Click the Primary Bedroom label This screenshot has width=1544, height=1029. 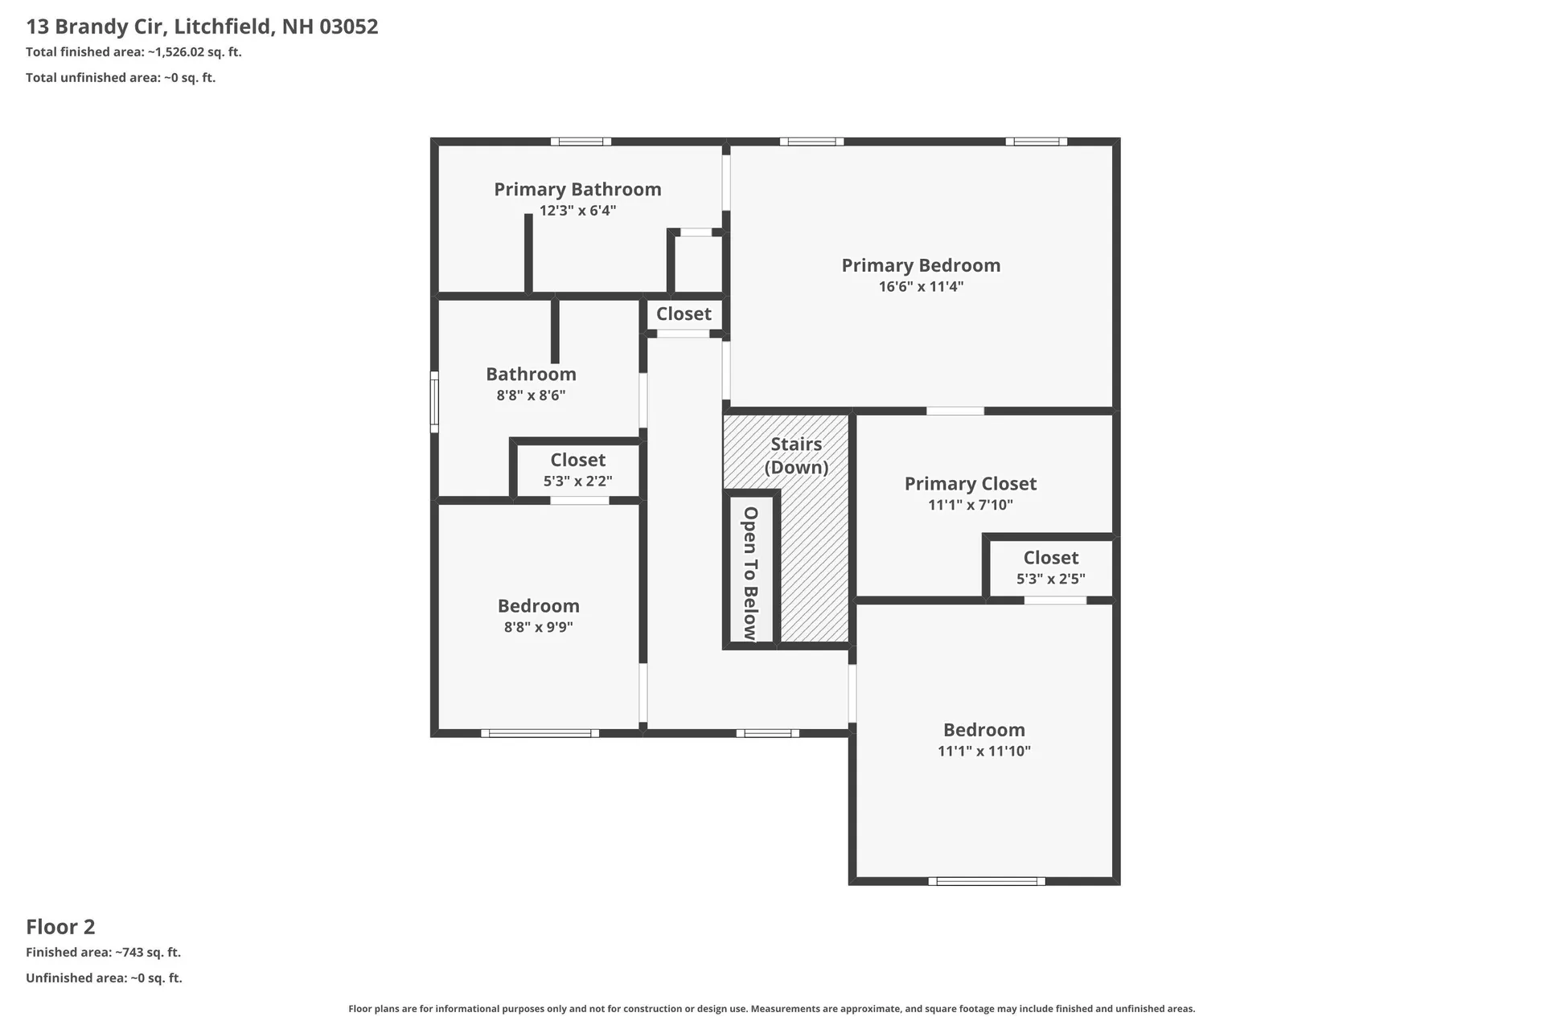click(x=921, y=265)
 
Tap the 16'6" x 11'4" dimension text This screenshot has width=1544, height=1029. click(x=921, y=286)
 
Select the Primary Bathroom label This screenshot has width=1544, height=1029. click(x=577, y=190)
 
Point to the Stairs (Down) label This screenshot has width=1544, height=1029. click(x=796, y=456)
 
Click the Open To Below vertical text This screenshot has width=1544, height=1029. click(x=750, y=573)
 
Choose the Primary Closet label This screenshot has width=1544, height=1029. click(x=971, y=484)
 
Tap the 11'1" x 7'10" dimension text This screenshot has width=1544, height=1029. click(x=971, y=505)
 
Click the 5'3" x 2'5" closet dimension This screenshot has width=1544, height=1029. click(x=1051, y=579)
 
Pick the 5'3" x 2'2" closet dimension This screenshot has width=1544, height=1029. click(x=577, y=482)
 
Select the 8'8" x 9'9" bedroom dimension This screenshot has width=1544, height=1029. click(x=538, y=627)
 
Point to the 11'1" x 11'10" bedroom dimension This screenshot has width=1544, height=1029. click(x=984, y=751)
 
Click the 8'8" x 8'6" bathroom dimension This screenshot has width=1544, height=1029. click(x=531, y=396)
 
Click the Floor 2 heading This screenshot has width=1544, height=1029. click(x=60, y=927)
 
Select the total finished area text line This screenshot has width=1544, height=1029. click(x=133, y=52)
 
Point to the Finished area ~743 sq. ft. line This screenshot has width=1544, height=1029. click(x=103, y=953)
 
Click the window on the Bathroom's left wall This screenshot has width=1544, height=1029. click(x=434, y=401)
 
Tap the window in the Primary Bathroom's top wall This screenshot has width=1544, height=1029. click(x=581, y=141)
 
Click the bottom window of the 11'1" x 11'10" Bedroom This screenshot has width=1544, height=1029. click(x=987, y=881)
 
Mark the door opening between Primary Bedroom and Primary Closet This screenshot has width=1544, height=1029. click(x=955, y=411)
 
